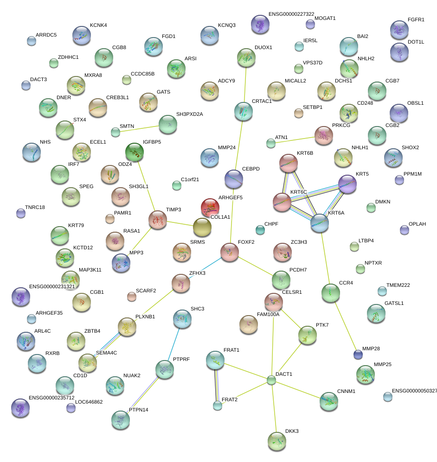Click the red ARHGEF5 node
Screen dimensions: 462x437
click(x=210, y=207)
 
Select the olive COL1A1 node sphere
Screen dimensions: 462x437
click(x=202, y=227)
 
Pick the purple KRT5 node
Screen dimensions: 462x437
click(x=347, y=184)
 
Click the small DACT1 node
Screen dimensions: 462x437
click(x=271, y=380)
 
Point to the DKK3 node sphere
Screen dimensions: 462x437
click(x=276, y=440)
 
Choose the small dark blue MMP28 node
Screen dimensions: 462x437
click(x=358, y=355)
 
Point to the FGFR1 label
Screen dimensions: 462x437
click(x=416, y=20)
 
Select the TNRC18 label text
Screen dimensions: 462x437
click(x=35, y=207)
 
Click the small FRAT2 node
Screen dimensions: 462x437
click(x=218, y=406)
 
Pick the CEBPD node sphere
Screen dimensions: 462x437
click(x=234, y=179)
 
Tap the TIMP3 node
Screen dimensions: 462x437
click(x=157, y=220)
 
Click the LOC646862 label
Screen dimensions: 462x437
click(x=89, y=402)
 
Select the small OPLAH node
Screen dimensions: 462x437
click(x=404, y=229)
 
